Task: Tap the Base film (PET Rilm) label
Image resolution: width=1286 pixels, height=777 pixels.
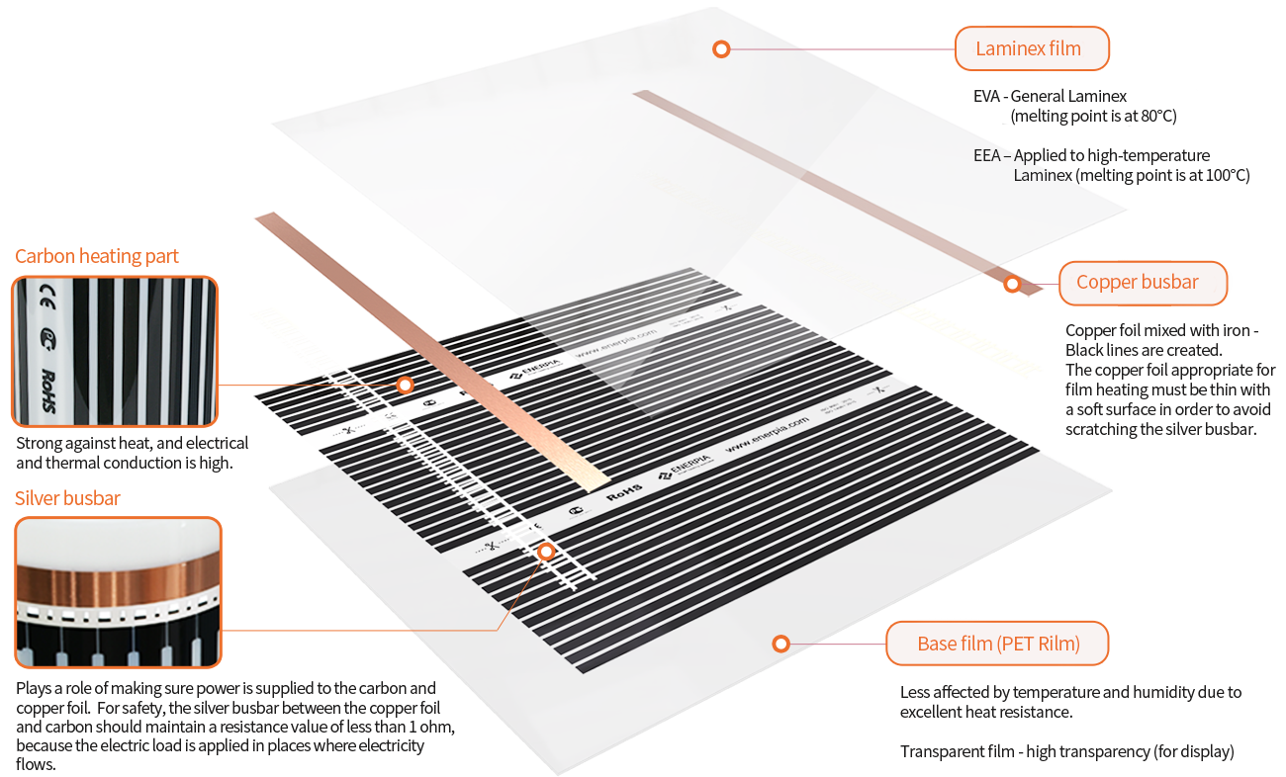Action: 997,645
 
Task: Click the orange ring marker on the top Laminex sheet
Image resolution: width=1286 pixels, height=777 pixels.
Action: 721,48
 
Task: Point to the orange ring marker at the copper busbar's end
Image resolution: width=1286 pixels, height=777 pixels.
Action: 1012,285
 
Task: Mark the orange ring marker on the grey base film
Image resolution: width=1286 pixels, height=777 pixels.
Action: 781,645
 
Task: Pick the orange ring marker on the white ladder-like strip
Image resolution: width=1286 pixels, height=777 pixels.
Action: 545,552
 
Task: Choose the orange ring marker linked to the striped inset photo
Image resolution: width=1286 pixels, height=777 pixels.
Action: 404,385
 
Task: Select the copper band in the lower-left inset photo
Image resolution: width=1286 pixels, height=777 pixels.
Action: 117,576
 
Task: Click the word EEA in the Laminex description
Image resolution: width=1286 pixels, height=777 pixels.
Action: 987,156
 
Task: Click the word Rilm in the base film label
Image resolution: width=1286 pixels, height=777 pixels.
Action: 1056,645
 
